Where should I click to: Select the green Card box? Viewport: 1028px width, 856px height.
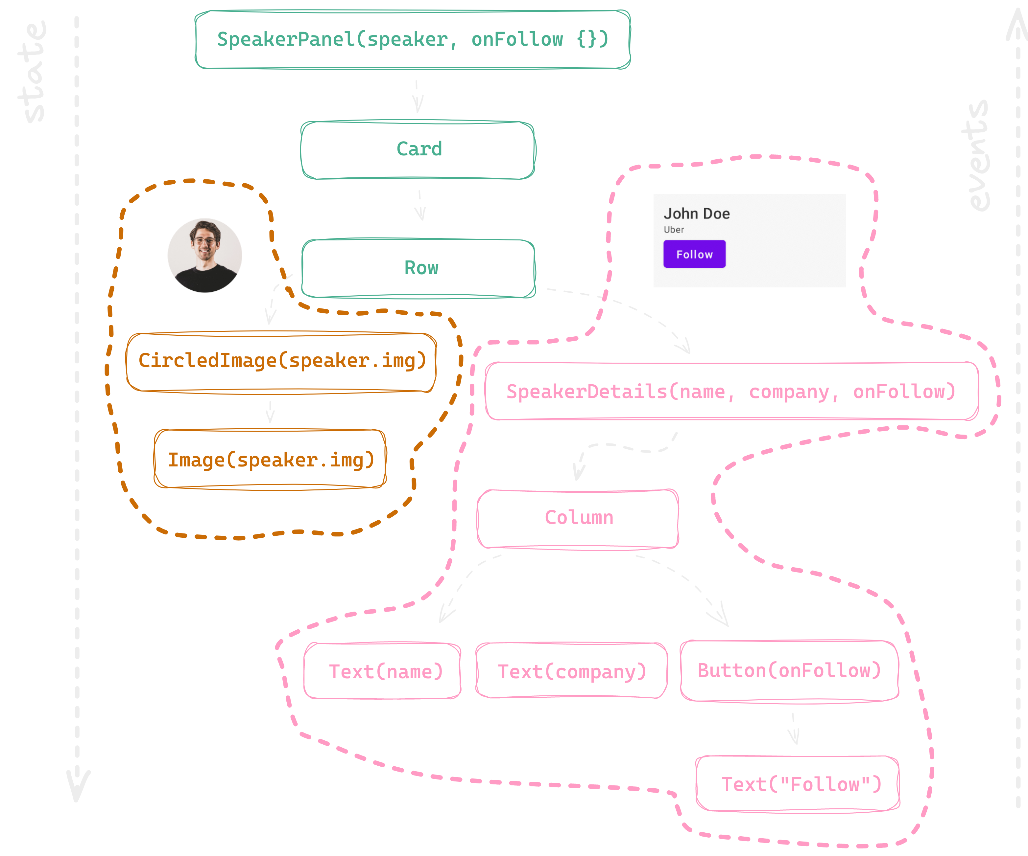tap(418, 149)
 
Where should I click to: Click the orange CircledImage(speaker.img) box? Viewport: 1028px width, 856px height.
tap(281, 361)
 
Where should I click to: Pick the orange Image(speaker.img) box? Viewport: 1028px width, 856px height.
tap(270, 460)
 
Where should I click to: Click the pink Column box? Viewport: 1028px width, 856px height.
tap(578, 518)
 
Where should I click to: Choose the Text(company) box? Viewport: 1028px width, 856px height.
tap(571, 671)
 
